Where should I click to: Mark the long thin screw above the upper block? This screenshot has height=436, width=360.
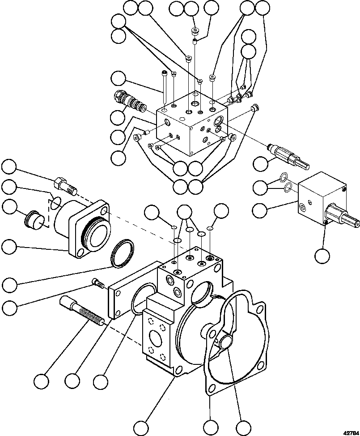click(165, 87)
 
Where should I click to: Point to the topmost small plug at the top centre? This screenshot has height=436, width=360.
click(195, 31)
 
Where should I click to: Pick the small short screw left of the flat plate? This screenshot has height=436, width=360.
click(98, 282)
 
